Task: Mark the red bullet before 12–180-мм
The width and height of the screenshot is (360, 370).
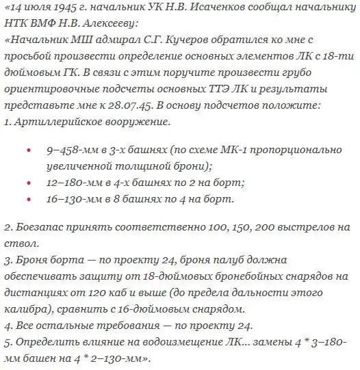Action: (x=27, y=184)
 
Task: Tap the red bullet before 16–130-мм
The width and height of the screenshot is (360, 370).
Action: (x=27, y=200)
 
